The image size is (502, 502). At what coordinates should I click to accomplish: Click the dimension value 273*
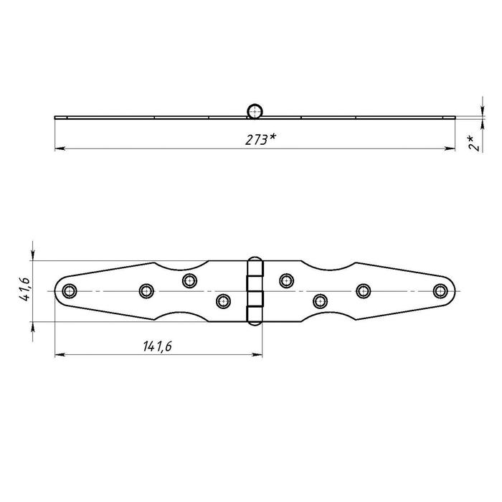[x=260, y=140]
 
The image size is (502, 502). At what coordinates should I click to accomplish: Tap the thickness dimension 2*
[x=474, y=143]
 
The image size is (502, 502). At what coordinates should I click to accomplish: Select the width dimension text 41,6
[x=25, y=289]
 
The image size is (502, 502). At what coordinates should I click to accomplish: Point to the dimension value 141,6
[x=157, y=346]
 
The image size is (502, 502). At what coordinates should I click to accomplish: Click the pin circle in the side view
[x=255, y=111]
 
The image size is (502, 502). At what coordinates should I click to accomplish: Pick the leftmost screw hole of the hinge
[x=70, y=291]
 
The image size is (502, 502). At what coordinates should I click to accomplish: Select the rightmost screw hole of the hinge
[x=440, y=291]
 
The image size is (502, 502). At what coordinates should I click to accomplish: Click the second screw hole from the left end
[x=146, y=291]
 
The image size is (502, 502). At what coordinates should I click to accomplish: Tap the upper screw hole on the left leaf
[x=189, y=281]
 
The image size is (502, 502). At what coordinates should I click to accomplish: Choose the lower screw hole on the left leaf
[x=223, y=301]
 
